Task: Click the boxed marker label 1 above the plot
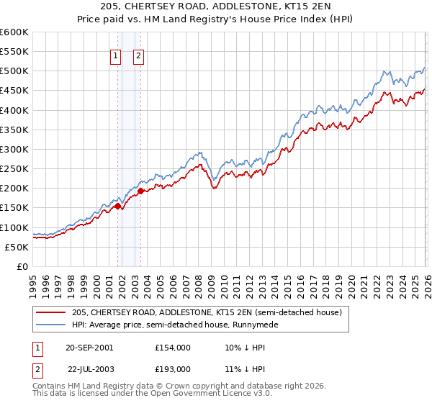point(115,57)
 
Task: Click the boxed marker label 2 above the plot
point(138,57)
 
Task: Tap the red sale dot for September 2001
point(117,207)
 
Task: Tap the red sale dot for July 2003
point(141,191)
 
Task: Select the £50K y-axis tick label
point(17,247)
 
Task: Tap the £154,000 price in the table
point(172,347)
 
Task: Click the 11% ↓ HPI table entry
point(242,368)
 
